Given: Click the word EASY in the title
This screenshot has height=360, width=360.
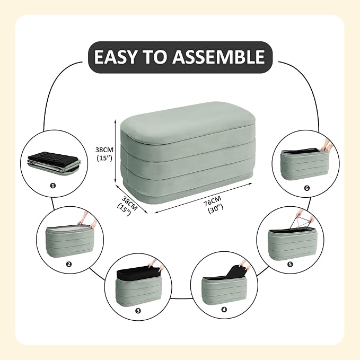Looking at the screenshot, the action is click(x=115, y=57).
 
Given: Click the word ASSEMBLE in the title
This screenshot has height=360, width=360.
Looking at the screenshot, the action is click(x=218, y=57).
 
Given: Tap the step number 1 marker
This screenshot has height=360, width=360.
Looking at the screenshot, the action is click(x=53, y=186).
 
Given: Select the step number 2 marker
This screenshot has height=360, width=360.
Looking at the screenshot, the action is click(x=68, y=264).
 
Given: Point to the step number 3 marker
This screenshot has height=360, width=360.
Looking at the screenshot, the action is click(x=138, y=311).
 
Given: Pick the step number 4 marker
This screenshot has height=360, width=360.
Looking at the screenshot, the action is click(x=224, y=310).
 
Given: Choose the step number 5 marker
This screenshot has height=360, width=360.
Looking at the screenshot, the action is click(x=290, y=264).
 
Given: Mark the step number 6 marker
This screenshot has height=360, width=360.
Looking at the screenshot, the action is click(x=307, y=188).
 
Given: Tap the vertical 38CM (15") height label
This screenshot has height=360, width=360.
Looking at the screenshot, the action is click(x=104, y=154).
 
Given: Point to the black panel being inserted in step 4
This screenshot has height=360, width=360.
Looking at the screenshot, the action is click(x=237, y=273).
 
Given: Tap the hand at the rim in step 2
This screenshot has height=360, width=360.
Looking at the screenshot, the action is click(x=87, y=220).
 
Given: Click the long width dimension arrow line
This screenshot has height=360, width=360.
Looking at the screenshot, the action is click(x=204, y=198).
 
